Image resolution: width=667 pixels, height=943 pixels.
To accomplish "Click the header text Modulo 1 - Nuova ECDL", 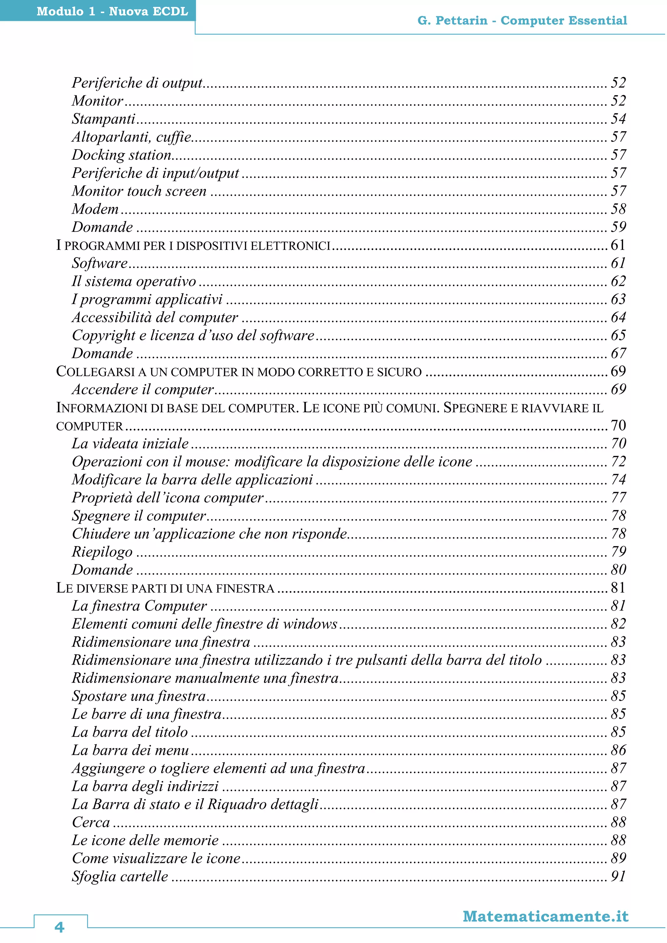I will [x=112, y=11].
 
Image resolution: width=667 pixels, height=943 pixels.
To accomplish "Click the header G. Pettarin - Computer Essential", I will [x=522, y=21].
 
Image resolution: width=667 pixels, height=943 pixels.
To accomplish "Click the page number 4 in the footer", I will [x=60, y=927].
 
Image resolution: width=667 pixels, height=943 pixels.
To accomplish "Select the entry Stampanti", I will [x=104, y=119].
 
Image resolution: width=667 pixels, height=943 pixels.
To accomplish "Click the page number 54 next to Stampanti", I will [x=618, y=119].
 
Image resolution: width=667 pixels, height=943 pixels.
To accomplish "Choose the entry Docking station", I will [x=121, y=155].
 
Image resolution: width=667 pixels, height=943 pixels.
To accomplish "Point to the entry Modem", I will [x=95, y=209].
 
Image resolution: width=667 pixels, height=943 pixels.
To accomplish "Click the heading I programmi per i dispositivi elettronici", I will [x=193, y=246].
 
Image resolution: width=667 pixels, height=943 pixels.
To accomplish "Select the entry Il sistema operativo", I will [x=134, y=281].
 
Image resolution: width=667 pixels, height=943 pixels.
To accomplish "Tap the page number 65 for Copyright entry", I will [x=618, y=335].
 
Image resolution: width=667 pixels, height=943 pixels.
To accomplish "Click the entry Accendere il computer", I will [x=143, y=389].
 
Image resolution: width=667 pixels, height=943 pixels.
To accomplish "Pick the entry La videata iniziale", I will [x=130, y=443].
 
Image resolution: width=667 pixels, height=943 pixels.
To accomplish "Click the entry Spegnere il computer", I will [x=139, y=516].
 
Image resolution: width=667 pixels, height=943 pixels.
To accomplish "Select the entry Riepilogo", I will [x=102, y=552].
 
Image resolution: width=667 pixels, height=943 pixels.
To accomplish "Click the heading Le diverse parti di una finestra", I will [x=165, y=588].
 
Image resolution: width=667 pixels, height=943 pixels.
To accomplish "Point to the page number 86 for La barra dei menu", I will [x=618, y=750].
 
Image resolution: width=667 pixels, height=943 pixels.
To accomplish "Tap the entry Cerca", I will [x=91, y=822].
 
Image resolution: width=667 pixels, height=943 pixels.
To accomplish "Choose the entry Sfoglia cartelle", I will [x=120, y=877].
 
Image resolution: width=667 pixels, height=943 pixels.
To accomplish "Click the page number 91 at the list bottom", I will [x=618, y=877].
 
